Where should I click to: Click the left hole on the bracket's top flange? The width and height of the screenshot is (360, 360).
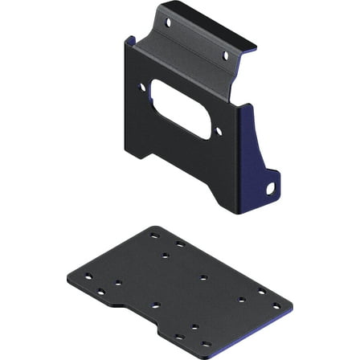click(x=168, y=24)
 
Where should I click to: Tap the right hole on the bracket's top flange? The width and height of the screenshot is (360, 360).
click(x=225, y=55)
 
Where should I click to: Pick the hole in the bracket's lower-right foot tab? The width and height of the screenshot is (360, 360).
click(x=271, y=187)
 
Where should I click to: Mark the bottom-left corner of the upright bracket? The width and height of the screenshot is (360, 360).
click(x=126, y=158)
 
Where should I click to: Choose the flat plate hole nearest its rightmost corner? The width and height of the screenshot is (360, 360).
click(x=276, y=307)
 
